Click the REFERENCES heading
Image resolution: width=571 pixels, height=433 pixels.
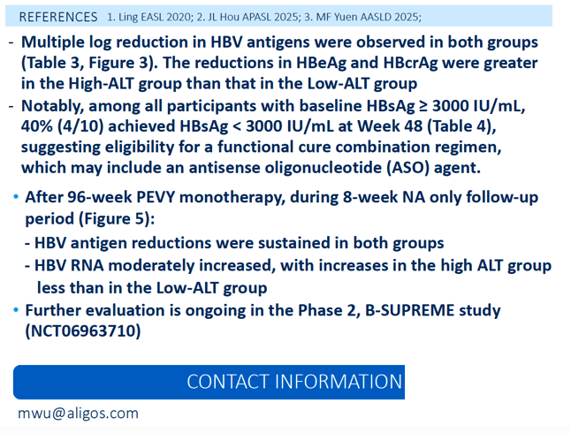(x=58, y=17)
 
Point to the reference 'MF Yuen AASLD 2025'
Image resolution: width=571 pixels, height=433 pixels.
(x=368, y=17)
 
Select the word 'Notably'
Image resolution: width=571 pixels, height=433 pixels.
(x=52, y=106)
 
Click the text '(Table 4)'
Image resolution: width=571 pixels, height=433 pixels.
(x=461, y=126)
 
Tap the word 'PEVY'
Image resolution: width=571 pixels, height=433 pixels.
(x=156, y=197)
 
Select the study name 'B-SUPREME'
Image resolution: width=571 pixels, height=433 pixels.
(x=409, y=311)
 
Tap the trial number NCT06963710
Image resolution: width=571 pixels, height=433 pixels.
(x=83, y=331)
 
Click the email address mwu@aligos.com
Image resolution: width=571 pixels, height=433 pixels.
(x=79, y=414)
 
